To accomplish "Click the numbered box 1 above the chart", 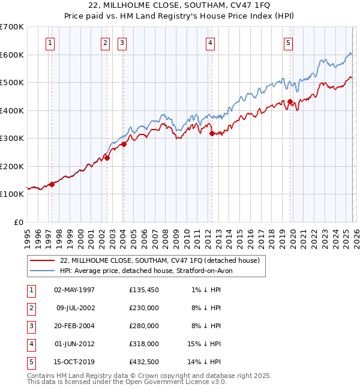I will click(50, 43).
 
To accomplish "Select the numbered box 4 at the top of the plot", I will click(211, 43).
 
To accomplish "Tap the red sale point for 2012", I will click(211, 133).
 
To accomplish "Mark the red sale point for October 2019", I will click(290, 101).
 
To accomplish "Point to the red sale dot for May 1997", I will click(52, 184).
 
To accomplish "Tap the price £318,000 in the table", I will click(143, 344).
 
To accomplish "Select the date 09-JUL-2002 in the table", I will click(75, 308).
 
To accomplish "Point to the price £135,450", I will click(143, 290).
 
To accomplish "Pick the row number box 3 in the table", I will click(30, 326).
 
